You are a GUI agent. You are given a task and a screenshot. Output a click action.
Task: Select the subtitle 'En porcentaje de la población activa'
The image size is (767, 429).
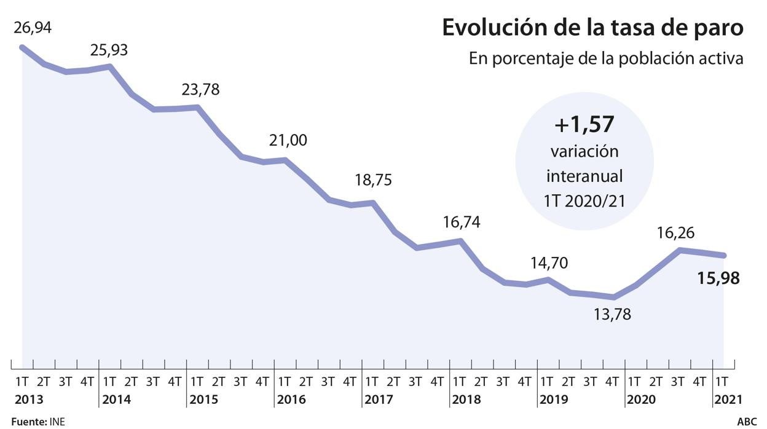pyautogui.click(x=606, y=59)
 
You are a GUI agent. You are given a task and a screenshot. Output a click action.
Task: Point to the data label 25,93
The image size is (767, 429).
pyautogui.click(x=109, y=50)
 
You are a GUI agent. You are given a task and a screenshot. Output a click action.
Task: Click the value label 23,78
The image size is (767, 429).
pyautogui.click(x=200, y=90)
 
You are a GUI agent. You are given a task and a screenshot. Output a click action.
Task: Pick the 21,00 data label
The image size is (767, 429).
pyautogui.click(x=288, y=140)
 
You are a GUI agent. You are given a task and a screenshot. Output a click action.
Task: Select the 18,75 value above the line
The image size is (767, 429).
pyautogui.click(x=374, y=181)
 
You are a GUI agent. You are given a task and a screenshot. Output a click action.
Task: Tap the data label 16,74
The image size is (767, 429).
pyautogui.click(x=462, y=222)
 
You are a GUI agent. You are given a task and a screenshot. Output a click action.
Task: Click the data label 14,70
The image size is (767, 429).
pyautogui.click(x=549, y=263)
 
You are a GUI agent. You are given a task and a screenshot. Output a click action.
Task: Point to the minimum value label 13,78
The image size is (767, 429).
pyautogui.click(x=612, y=315)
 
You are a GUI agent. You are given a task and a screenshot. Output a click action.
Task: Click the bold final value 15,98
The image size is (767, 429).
pyautogui.click(x=718, y=278)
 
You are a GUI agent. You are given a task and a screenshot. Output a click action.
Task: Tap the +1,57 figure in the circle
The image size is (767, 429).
pyautogui.click(x=584, y=125)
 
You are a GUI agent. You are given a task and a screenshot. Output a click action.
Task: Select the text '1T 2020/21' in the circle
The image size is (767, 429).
pyautogui.click(x=584, y=201)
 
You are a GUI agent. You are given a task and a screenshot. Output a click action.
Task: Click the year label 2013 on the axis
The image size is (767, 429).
pyautogui.click(x=29, y=399)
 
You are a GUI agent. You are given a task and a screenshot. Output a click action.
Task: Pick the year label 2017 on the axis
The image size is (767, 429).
pyautogui.click(x=379, y=399)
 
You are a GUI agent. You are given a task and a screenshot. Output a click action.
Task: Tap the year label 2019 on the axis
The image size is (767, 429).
pyautogui.click(x=554, y=399)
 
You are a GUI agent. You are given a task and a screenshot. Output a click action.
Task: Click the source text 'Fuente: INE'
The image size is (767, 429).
pyautogui.click(x=37, y=422)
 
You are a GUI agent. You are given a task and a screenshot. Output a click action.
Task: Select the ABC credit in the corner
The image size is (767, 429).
pyautogui.click(x=747, y=422)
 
